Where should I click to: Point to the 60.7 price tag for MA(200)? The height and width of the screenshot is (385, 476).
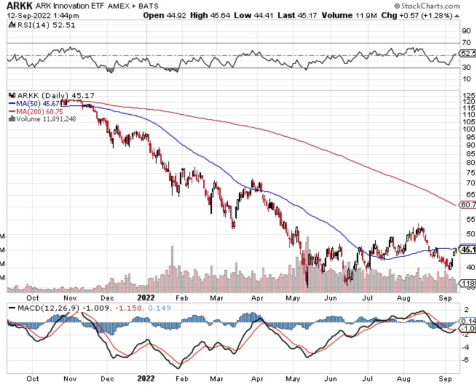468,204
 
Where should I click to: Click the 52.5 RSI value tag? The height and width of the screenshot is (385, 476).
468,53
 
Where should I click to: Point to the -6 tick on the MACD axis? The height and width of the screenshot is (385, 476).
466,359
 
